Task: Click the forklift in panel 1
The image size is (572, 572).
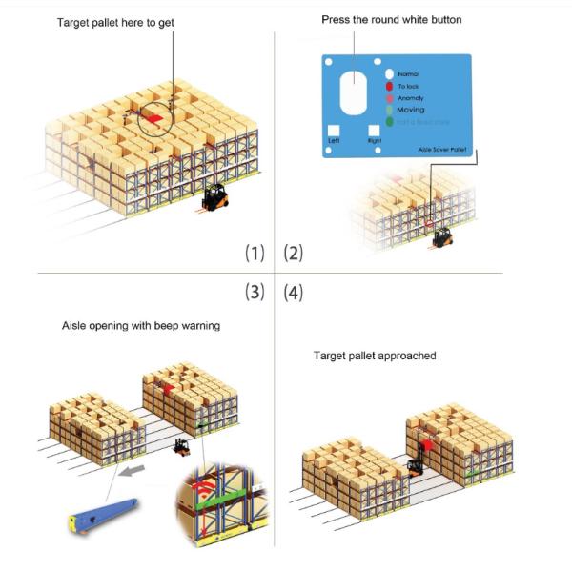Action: [214, 197]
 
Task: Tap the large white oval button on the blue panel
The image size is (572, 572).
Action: [352, 95]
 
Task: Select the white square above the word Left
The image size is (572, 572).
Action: [333, 130]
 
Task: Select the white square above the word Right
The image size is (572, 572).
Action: [374, 130]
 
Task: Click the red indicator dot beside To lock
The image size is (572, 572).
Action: [389, 86]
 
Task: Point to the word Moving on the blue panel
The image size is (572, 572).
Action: [413, 111]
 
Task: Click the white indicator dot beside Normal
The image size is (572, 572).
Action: [389, 73]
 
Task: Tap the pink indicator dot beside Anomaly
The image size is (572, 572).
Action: [389, 98]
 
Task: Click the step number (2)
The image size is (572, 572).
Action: [293, 253]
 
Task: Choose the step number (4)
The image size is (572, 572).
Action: [293, 293]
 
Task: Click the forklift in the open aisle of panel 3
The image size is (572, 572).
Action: [181, 446]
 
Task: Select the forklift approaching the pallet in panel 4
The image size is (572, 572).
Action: [414, 466]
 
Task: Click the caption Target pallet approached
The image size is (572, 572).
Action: [375, 356]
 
